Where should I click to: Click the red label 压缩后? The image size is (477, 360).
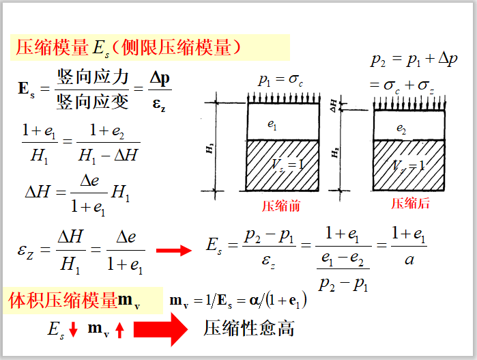tap(410, 204)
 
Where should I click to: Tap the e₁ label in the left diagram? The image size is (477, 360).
tap(272, 125)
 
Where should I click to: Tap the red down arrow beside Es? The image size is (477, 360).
tap(74, 331)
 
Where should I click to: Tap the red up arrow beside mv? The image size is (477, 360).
tap(119, 331)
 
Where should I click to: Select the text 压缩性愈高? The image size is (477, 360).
tap(249, 329)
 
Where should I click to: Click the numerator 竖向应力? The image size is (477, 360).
tap(93, 77)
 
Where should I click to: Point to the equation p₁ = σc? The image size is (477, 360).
tap(280, 81)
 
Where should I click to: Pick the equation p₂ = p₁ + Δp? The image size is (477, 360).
tap(414, 60)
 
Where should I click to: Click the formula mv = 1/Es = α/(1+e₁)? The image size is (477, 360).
tap(237, 301)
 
